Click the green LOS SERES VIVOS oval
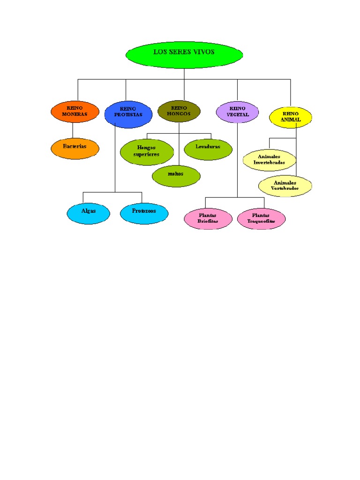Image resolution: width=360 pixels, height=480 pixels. [x=184, y=54]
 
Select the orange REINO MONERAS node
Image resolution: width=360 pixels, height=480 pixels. [x=75, y=112]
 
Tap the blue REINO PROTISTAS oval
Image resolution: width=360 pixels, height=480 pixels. [x=128, y=114]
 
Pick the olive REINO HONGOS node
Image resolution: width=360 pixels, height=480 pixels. [x=179, y=111]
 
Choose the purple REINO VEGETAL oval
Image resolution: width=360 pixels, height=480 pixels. [x=238, y=112]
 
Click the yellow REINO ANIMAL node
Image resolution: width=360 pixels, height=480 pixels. [x=291, y=117]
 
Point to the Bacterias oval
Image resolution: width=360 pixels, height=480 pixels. [x=75, y=148]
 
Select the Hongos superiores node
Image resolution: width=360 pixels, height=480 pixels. [x=146, y=151]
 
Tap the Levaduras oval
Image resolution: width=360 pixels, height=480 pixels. [x=208, y=149]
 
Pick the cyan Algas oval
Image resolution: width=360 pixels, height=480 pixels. [x=89, y=213]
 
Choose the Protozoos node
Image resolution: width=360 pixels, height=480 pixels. [x=144, y=213]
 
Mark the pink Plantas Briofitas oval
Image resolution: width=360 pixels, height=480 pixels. [x=208, y=218]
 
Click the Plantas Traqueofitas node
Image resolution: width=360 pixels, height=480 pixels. [x=261, y=218]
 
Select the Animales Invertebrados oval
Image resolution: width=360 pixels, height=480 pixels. [x=270, y=160]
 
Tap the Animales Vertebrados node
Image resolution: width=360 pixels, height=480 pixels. [x=285, y=186]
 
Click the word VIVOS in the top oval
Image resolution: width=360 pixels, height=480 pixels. [x=202, y=52]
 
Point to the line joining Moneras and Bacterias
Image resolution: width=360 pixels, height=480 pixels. [x=72, y=130]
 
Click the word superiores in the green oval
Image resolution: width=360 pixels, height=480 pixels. [x=146, y=154]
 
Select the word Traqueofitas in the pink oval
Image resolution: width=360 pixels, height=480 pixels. [x=261, y=221]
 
